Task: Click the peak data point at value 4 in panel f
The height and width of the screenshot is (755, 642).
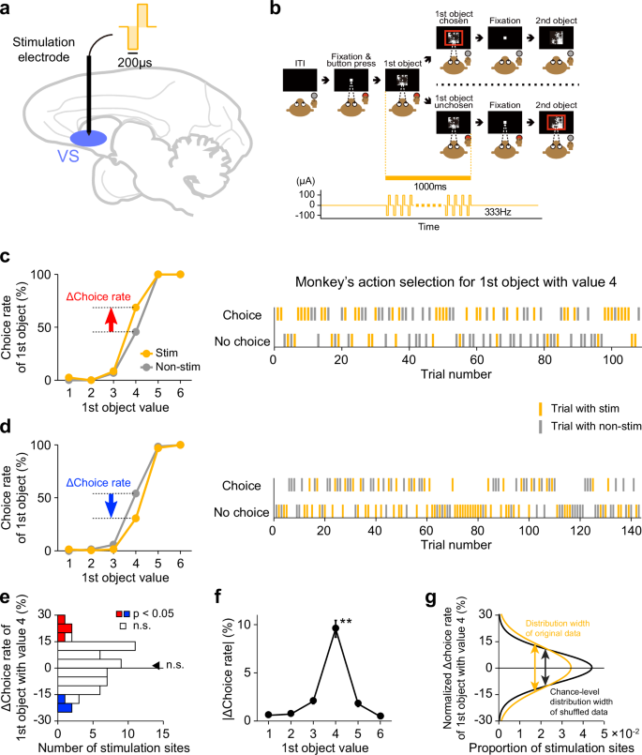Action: [x=387, y=627]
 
